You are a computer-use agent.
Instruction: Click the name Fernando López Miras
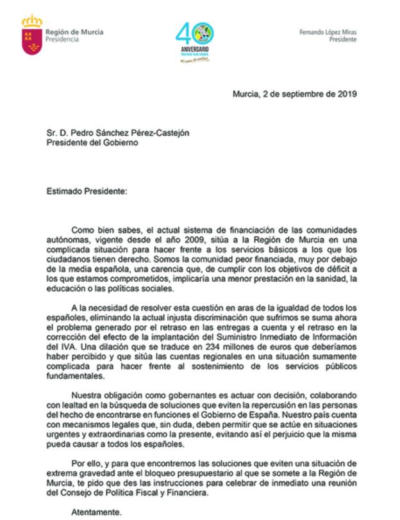(328, 32)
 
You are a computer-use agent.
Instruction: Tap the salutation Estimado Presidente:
(87, 190)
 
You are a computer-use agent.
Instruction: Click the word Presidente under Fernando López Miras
(343, 39)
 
